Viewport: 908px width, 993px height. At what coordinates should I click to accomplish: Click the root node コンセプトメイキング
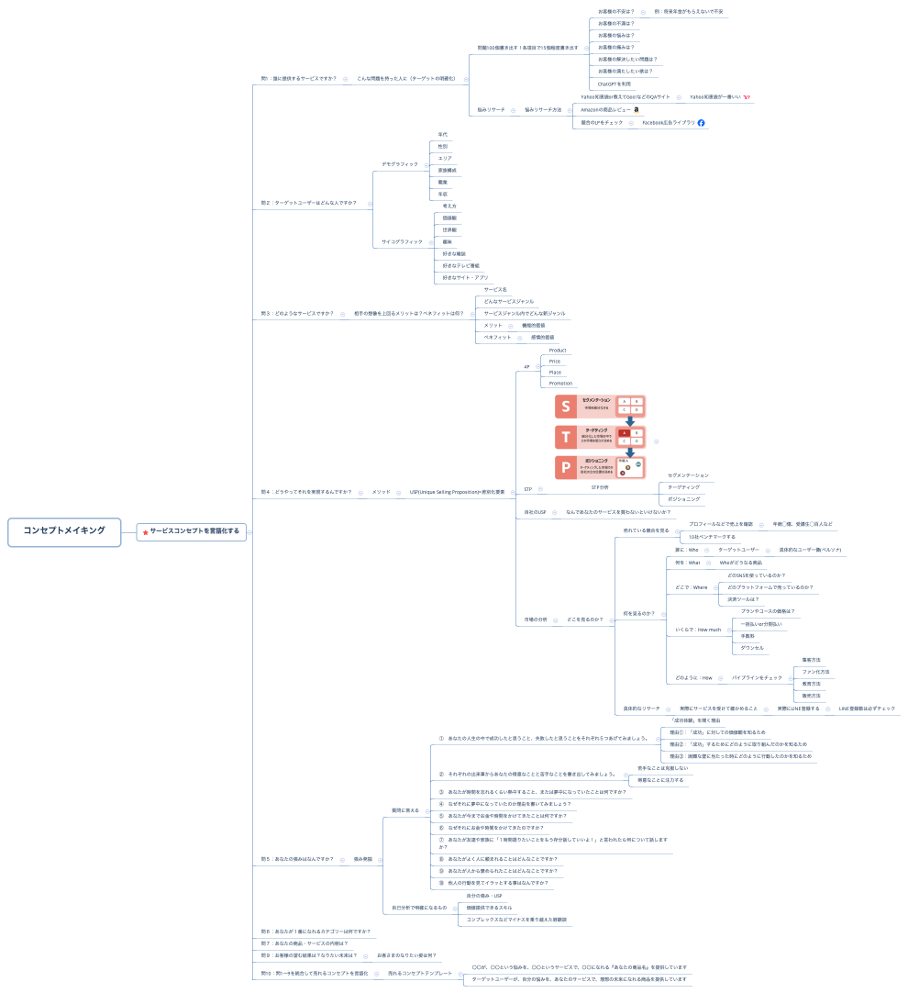(64, 530)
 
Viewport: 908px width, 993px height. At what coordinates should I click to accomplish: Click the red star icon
(145, 531)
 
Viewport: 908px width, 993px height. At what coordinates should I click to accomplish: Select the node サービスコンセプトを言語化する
(194, 530)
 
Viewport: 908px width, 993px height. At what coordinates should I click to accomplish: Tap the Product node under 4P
(558, 351)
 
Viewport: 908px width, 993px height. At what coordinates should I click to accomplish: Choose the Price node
(555, 362)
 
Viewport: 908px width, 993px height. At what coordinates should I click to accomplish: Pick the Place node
(555, 373)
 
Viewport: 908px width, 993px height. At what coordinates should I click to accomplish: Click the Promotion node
(560, 384)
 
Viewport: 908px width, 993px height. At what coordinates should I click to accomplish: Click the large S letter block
(566, 406)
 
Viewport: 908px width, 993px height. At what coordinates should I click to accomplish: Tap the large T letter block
(566, 436)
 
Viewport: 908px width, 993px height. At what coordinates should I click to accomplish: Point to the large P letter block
(566, 466)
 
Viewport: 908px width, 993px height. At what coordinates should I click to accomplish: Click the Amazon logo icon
(637, 110)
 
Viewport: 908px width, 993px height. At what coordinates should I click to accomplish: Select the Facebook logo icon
(702, 123)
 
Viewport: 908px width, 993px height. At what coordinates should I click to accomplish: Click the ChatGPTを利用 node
(615, 84)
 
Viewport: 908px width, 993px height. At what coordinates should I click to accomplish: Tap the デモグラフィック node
(400, 164)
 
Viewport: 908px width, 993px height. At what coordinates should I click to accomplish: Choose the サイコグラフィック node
(402, 241)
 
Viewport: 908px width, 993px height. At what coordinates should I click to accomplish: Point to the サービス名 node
(495, 290)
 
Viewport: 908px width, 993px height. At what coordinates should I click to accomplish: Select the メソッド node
(381, 492)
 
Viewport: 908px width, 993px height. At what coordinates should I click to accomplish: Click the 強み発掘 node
(363, 859)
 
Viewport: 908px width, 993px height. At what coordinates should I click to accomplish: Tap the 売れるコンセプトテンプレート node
(420, 973)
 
